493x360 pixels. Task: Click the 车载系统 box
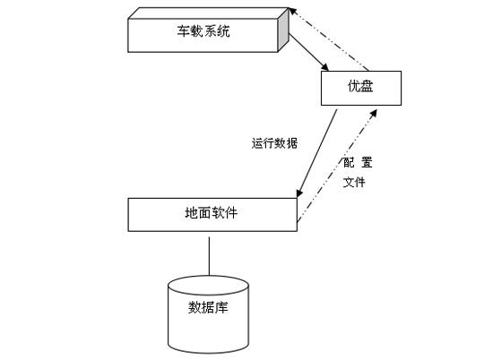tap(206, 34)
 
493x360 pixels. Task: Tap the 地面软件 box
tap(212, 213)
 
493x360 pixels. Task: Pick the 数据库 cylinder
tap(210, 313)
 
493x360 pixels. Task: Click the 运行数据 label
tap(275, 143)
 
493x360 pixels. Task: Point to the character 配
tap(350, 163)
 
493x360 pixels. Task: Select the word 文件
tap(355, 182)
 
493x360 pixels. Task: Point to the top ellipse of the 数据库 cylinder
tap(210, 285)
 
